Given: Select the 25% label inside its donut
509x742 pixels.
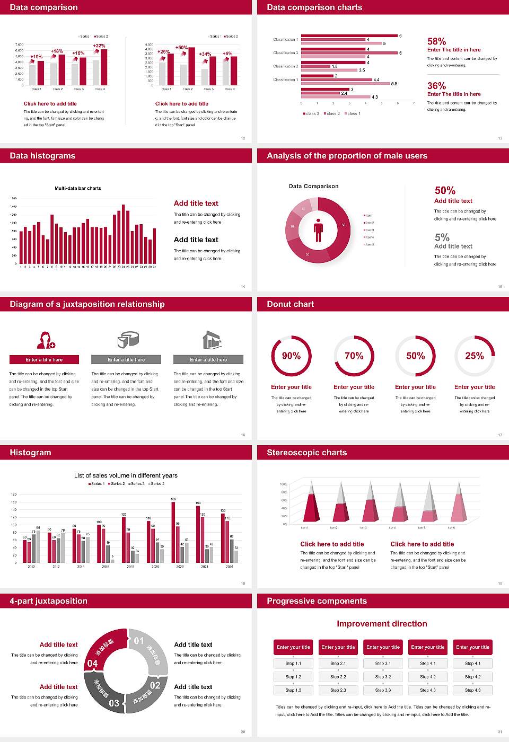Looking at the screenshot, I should [475, 356].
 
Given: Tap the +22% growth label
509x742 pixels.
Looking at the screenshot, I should [99, 46].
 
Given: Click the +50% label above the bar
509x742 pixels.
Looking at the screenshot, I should [181, 48].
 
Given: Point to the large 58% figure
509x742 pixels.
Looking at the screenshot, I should [436, 41].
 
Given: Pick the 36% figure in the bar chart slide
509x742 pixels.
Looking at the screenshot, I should [436, 86].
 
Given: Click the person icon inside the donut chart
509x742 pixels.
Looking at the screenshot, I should [318, 230].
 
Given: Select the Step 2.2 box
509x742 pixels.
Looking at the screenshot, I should [338, 677].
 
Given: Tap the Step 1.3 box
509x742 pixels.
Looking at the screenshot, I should [293, 690].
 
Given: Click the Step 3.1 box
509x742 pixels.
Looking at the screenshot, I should [383, 664].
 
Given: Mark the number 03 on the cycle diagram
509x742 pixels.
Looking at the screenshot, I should [114, 703].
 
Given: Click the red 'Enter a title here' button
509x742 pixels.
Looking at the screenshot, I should [45, 360].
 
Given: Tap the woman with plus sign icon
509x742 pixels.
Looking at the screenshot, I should [46, 340].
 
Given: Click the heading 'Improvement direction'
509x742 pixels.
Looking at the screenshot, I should [382, 624].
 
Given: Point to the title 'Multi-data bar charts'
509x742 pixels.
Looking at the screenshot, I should [78, 188].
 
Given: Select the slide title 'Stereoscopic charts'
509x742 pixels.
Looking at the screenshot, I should [306, 453].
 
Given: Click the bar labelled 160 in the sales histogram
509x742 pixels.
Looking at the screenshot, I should [173, 531].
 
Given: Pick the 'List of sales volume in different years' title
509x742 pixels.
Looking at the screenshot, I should [126, 475].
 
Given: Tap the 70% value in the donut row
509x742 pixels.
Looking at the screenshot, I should [354, 356].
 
